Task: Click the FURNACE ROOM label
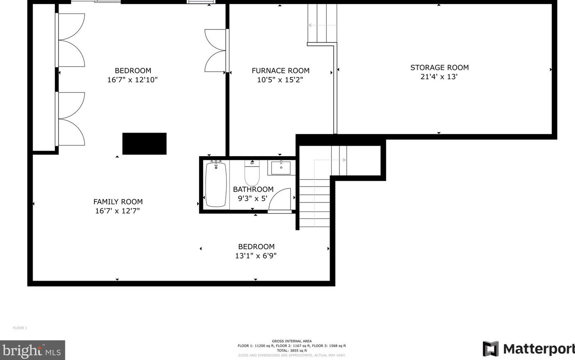click(x=281, y=70)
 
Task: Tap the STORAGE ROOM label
click(x=439, y=67)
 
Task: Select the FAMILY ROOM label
click(x=118, y=202)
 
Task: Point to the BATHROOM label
click(x=253, y=189)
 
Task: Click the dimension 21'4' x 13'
click(x=439, y=76)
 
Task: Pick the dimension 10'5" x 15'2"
click(x=280, y=80)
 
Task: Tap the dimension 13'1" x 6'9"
click(x=256, y=256)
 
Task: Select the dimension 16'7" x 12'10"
click(x=132, y=80)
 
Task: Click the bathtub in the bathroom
click(x=216, y=184)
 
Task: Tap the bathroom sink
click(x=281, y=168)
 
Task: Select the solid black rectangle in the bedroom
click(x=144, y=144)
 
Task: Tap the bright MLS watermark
click(x=32, y=350)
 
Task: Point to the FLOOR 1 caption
click(x=20, y=328)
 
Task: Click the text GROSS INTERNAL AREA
click(x=292, y=341)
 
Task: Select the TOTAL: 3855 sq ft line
click(x=292, y=351)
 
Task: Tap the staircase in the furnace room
click(x=322, y=24)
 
